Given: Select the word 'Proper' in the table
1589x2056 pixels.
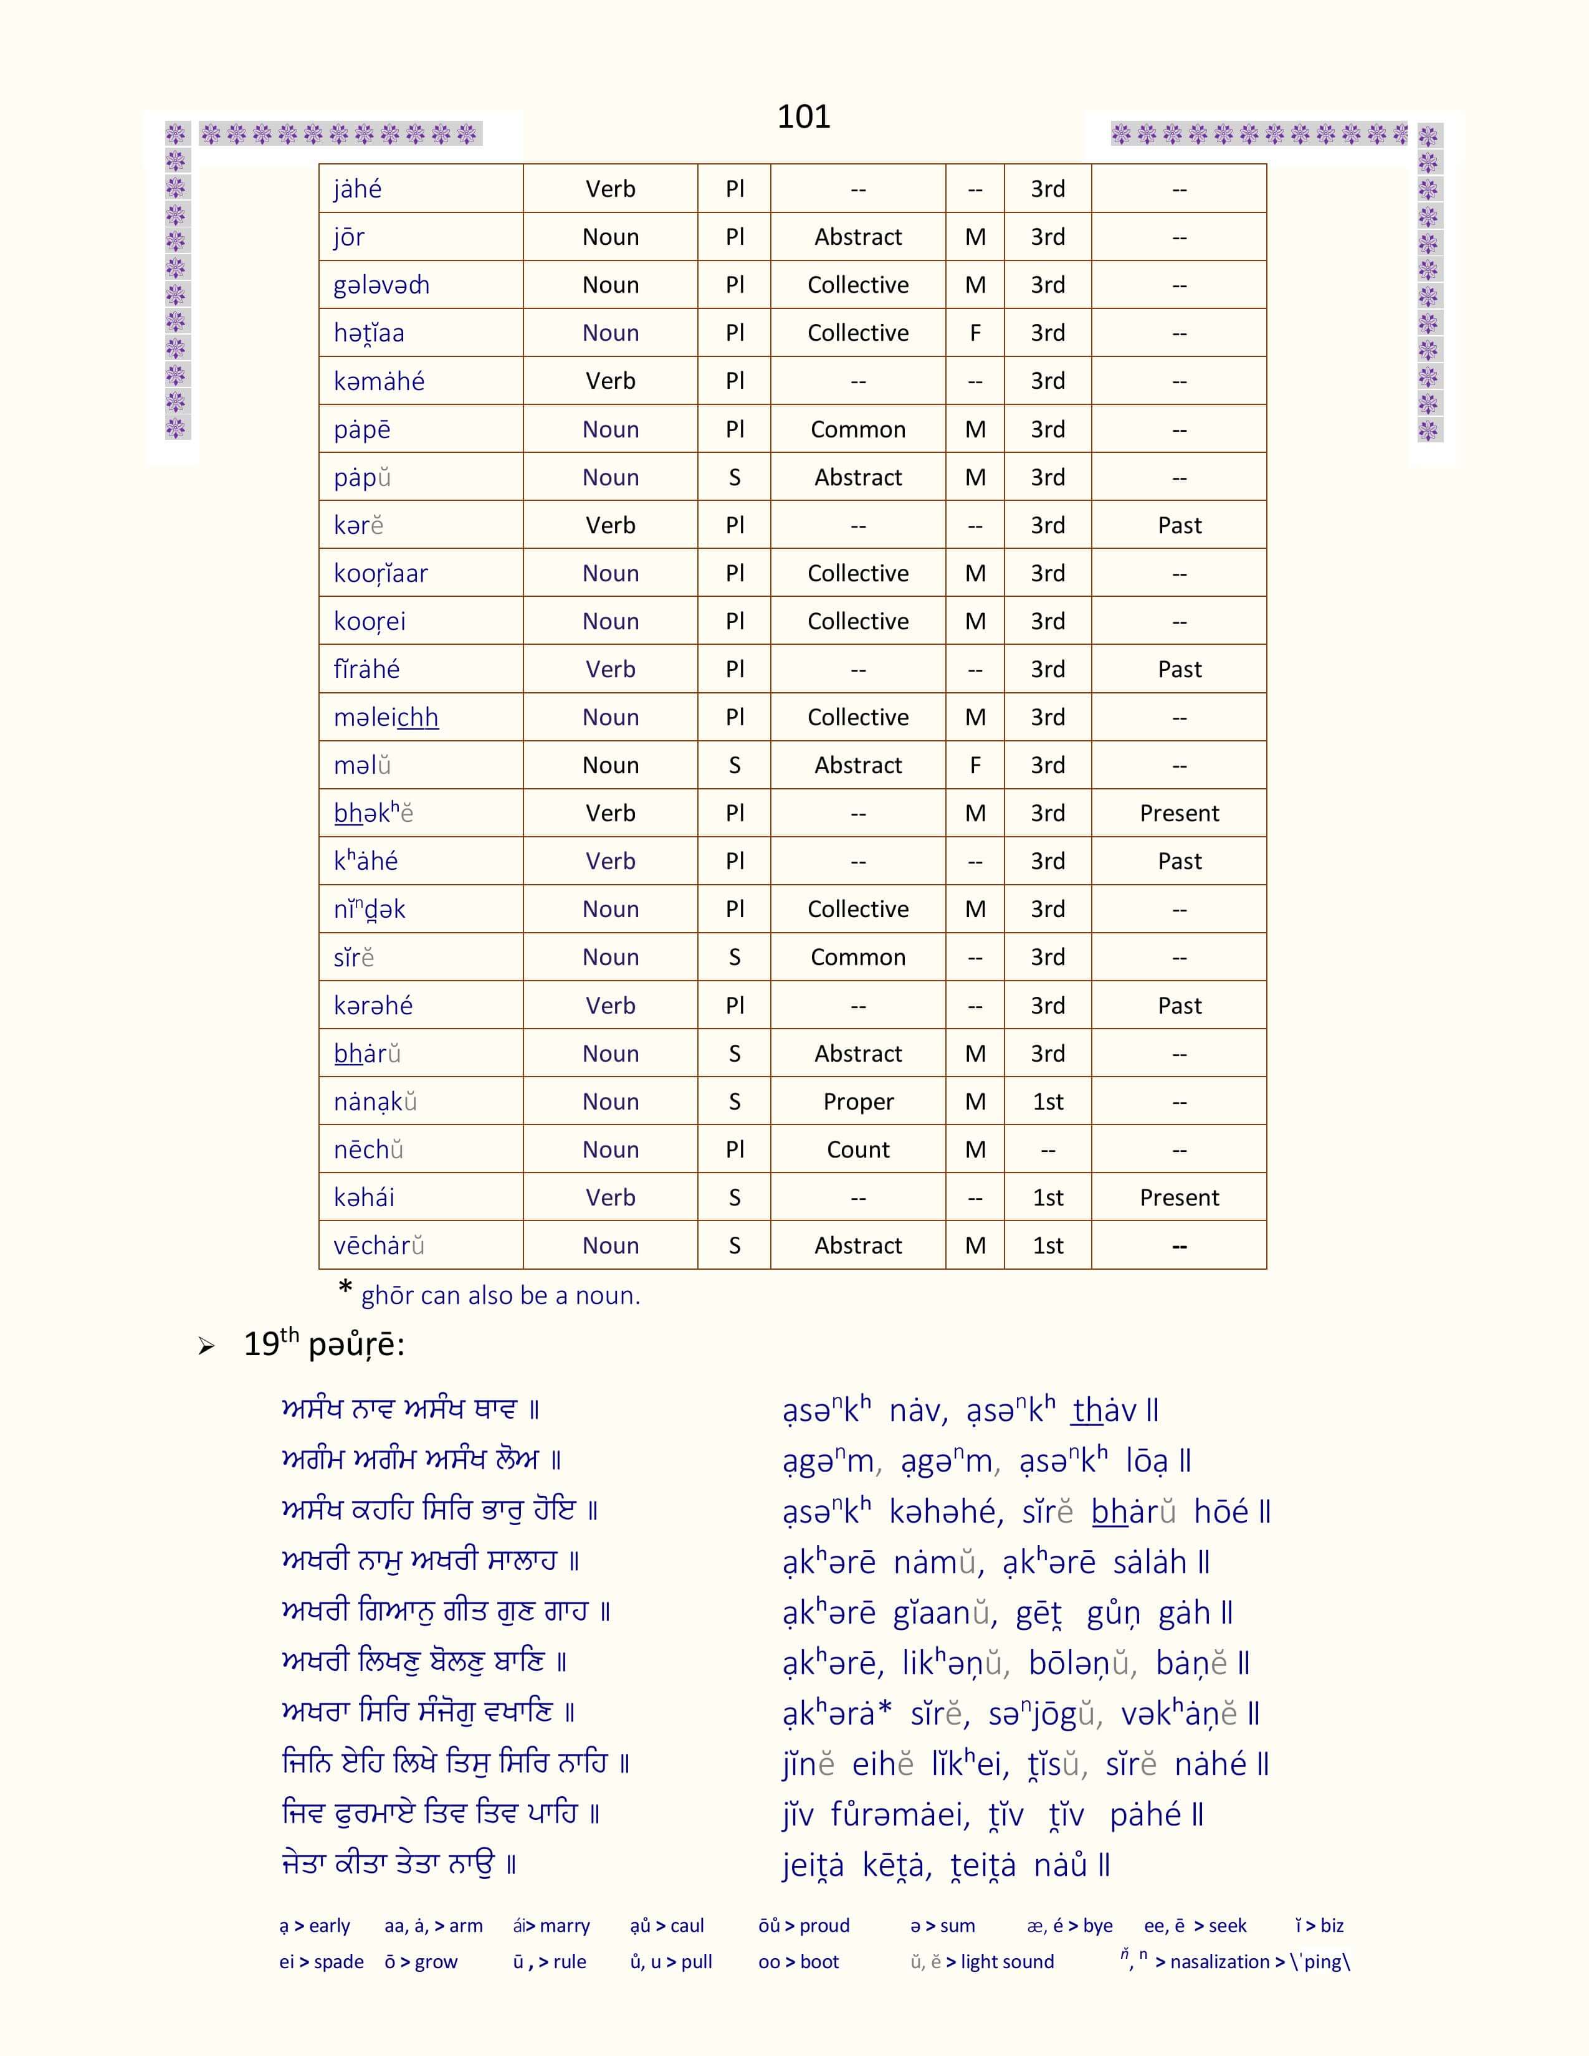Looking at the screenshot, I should [857, 1102].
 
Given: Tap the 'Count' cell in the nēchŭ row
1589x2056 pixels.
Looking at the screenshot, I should [857, 1149].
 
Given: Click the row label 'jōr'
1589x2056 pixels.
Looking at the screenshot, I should [348, 237].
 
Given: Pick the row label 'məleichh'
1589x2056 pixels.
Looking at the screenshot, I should [386, 717].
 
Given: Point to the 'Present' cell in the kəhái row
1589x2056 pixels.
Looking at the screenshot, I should [1178, 1197].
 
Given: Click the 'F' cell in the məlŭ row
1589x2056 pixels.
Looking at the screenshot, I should [975, 765].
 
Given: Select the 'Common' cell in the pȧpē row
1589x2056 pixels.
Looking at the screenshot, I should [857, 429].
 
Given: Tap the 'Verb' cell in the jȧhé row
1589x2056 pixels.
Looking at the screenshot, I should [610, 189].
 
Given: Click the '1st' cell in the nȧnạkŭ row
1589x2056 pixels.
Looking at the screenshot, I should [1047, 1102].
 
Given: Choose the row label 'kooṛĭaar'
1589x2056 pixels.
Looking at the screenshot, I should [380, 573].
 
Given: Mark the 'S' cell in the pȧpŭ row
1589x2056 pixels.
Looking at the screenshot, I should [734, 477].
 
